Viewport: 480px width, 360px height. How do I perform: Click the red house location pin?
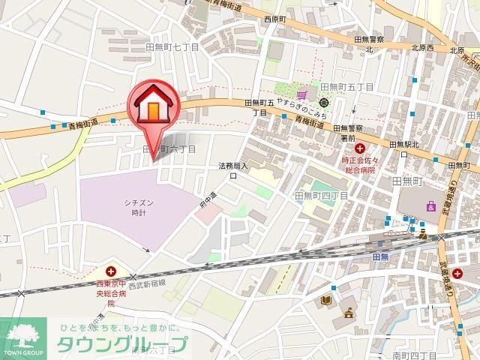(x=154, y=109)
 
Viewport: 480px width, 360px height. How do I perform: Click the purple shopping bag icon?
(x=430, y=205)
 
